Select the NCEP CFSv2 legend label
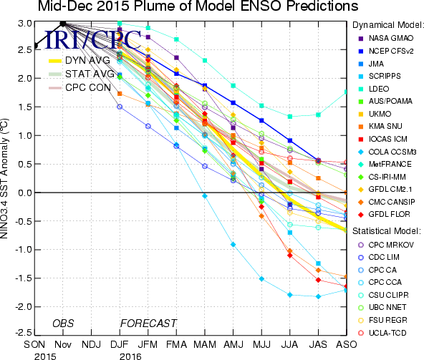pyautogui.click(x=391, y=51)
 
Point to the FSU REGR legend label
pyautogui.click(x=388, y=320)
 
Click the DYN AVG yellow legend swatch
pyautogui.click(x=55, y=61)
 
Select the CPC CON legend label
pyautogui.click(x=88, y=87)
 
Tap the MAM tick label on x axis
pyautogui.click(x=205, y=344)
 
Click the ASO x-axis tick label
pyautogui.click(x=347, y=344)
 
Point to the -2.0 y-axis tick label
pyautogui.click(x=23, y=307)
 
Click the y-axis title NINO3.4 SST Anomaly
pyautogui.click(x=4, y=178)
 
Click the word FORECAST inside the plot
pyautogui.click(x=148, y=323)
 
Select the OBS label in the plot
pyautogui.click(x=63, y=323)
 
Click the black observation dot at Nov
pyautogui.click(x=63, y=24)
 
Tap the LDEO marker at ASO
pyautogui.click(x=346, y=92)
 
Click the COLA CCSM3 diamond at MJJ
pyautogui.click(x=261, y=278)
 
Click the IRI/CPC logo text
pyautogui.click(x=93, y=40)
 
